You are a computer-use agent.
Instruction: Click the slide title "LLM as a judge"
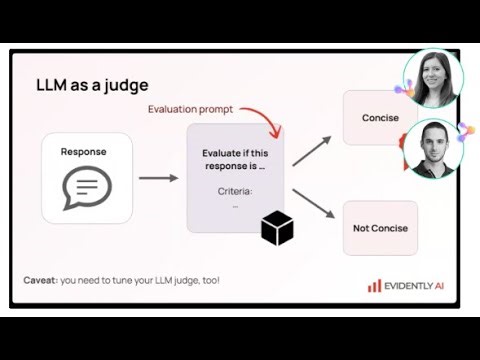92,84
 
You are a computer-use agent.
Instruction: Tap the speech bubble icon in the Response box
87,187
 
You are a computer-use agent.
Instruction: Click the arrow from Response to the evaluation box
158,178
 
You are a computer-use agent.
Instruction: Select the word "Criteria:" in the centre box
235,190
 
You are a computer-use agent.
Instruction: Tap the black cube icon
277,229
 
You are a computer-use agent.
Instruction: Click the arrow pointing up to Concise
311,150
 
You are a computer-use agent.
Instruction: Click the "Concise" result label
380,118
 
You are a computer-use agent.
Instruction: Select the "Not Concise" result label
380,228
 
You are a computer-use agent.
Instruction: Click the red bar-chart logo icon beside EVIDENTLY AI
373,285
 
